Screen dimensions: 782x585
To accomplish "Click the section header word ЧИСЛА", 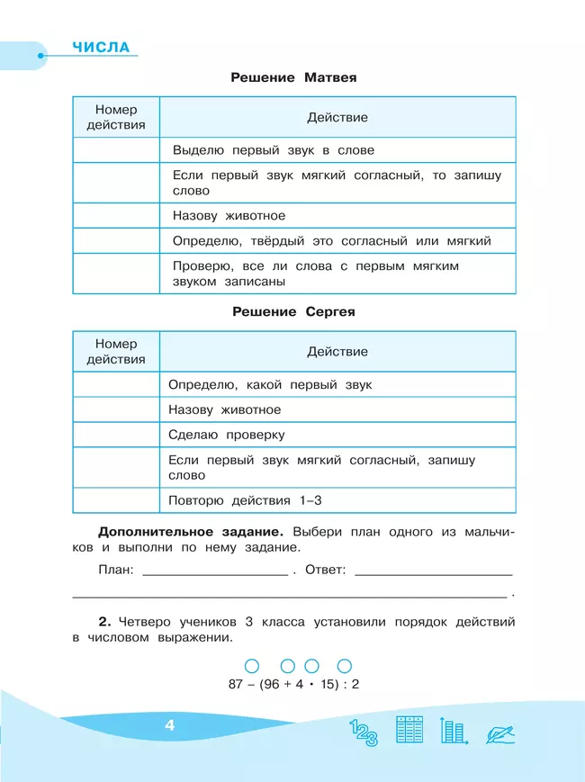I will pyautogui.click(x=100, y=47).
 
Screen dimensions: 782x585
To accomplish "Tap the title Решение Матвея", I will pyautogui.click(x=293, y=77).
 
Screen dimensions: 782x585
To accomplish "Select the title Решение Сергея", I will pyautogui.click(x=293, y=311).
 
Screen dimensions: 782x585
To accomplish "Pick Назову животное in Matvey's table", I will pyautogui.click(x=229, y=216).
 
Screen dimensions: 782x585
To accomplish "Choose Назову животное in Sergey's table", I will pyautogui.click(x=224, y=409).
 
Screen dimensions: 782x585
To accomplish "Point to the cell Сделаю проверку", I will pyautogui.click(x=226, y=435).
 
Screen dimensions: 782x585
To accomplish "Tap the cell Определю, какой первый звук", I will pyautogui.click(x=270, y=384).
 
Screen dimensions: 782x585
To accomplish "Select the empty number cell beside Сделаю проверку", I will pyautogui.click(x=115, y=435).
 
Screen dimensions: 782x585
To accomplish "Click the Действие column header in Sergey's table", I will pyautogui.click(x=337, y=352).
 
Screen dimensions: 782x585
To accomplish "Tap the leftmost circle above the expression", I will pyautogui.click(x=252, y=666).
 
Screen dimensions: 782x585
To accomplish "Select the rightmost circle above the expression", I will pyautogui.click(x=343, y=666).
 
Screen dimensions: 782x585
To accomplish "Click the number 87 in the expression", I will pyautogui.click(x=237, y=684).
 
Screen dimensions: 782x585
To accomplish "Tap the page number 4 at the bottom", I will pyautogui.click(x=169, y=726).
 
